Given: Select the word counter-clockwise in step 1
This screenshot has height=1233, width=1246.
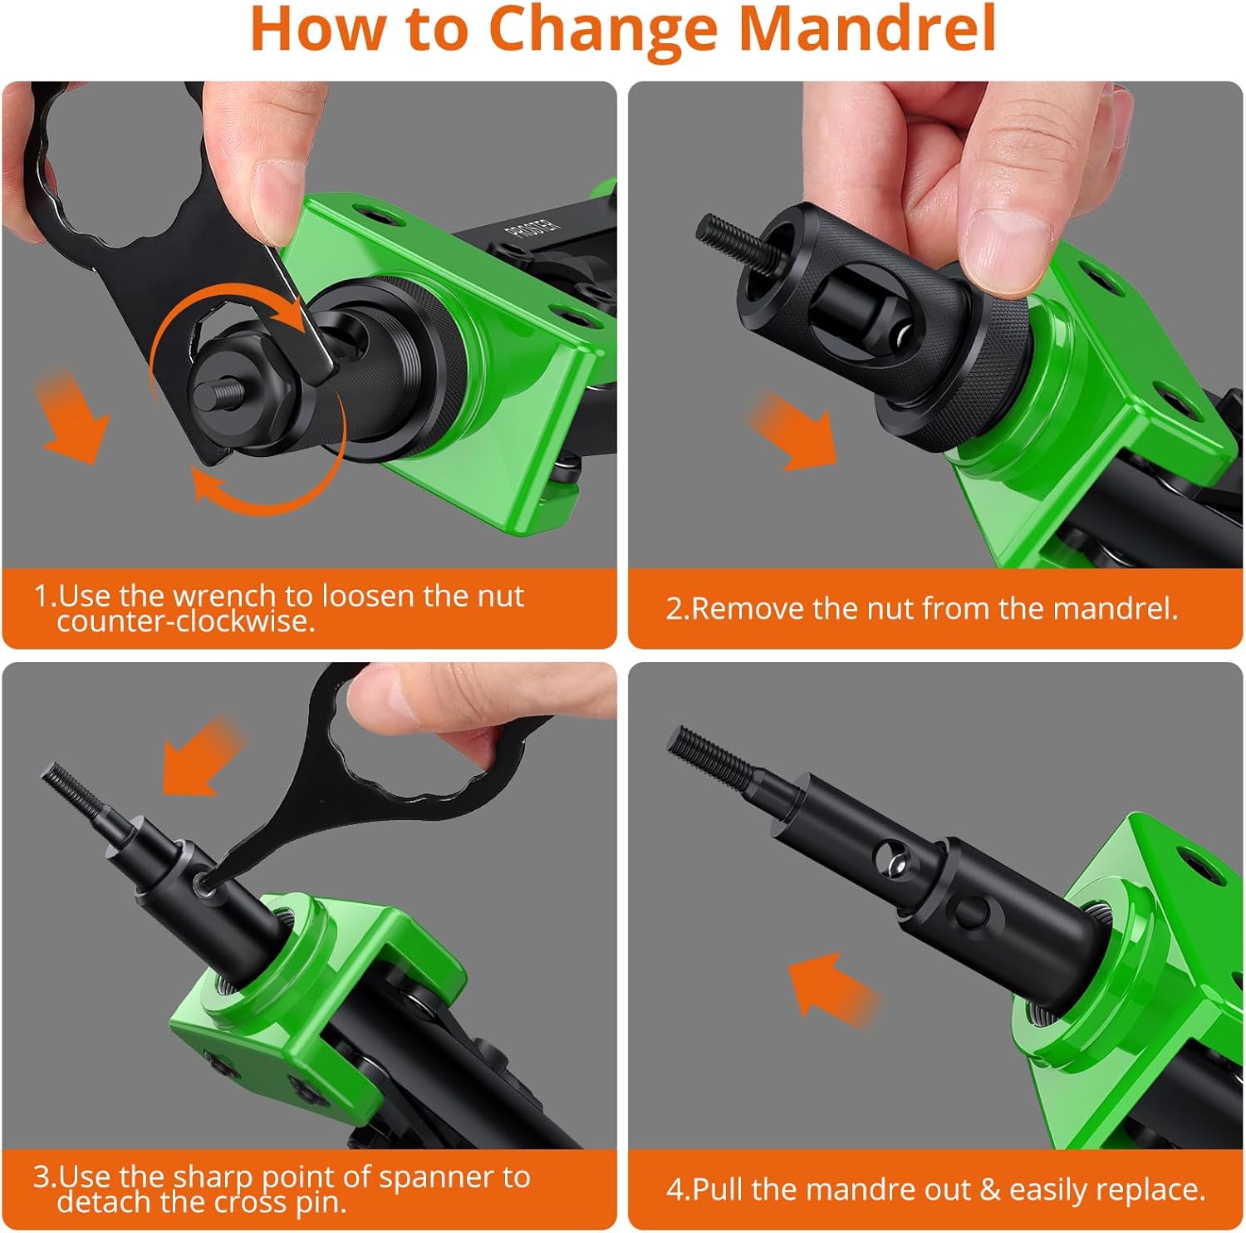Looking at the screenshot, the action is click(186, 621).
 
